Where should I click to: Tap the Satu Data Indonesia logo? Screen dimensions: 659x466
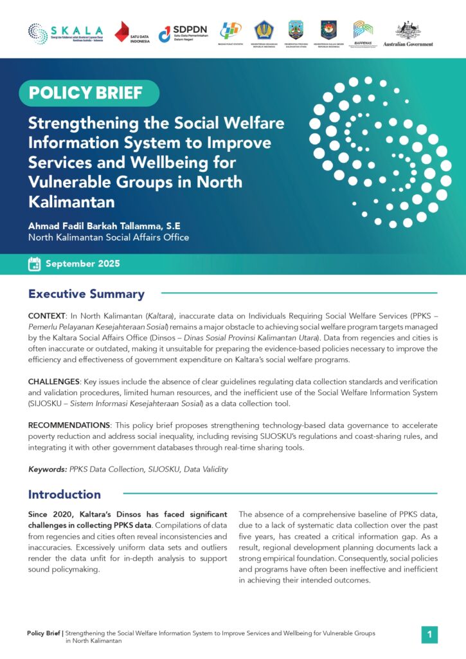[132, 33]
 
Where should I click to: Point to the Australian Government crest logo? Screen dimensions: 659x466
[408, 33]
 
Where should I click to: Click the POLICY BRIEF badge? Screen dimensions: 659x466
[85, 93]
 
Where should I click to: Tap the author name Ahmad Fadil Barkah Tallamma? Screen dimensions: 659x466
[104, 226]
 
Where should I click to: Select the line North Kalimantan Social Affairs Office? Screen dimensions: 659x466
[109, 237]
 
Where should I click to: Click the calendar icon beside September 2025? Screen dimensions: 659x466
[35, 264]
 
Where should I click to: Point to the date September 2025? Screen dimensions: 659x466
[82, 264]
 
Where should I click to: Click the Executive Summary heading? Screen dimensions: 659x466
[86, 294]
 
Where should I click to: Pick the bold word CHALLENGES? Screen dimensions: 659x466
[53, 382]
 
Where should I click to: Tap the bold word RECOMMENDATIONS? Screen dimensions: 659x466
[69, 425]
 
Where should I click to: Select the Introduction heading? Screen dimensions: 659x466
[64, 494]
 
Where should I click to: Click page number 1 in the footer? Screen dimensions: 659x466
[429, 635]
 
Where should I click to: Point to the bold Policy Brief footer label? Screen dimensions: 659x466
[44, 633]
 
